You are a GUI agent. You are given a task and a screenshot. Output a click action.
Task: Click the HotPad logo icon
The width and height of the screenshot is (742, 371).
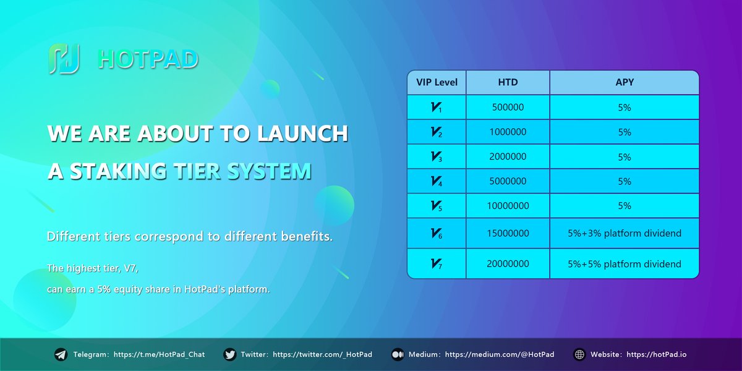pos(64,59)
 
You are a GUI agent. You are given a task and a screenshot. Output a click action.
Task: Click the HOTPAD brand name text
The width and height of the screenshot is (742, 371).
pos(148,59)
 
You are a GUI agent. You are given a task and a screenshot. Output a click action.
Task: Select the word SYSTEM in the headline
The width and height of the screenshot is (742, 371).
pos(268,171)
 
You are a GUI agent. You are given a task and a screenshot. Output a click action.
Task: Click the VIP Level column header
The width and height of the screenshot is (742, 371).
pos(437,82)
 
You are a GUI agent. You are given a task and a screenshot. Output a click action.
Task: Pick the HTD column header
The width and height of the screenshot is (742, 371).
pos(508,82)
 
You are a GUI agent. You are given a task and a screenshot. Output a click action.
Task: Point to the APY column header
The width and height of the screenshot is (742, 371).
pos(625,82)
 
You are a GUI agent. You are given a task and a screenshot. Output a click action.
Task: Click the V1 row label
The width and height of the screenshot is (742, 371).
pos(437,108)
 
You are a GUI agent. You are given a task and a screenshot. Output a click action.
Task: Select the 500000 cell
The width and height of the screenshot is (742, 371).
pos(508,108)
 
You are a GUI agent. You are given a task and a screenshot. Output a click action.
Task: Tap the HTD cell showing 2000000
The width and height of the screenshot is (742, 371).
pos(508,157)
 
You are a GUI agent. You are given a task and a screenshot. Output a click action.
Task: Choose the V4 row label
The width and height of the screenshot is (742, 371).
pos(437,181)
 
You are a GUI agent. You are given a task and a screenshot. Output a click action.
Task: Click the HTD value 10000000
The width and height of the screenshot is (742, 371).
pos(508,206)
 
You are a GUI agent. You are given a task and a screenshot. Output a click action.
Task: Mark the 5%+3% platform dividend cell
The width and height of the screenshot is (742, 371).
pos(625,233)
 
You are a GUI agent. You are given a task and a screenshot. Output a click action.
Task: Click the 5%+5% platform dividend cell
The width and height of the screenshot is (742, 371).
pos(625,264)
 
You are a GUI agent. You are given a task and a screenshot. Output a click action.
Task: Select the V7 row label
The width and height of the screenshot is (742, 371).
pos(437,264)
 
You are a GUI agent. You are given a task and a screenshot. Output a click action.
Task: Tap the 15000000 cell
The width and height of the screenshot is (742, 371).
pos(508,233)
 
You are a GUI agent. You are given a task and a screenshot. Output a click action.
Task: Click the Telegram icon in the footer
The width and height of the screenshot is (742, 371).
pos(61,355)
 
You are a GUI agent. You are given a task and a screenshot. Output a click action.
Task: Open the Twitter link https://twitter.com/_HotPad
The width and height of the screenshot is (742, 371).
pos(322,355)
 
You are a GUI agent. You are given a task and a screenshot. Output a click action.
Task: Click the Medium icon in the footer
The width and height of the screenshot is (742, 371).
pos(398,355)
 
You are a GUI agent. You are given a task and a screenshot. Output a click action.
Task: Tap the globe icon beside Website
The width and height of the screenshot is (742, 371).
pos(579,355)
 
